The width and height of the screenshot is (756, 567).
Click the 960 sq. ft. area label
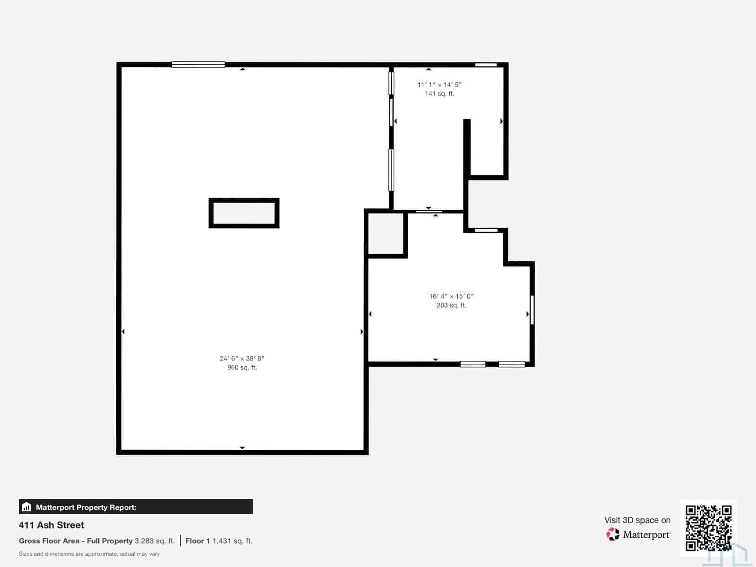tap(242, 368)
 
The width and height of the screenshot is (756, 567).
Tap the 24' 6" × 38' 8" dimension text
tap(242, 358)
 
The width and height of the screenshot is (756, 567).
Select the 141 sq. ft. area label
tap(439, 94)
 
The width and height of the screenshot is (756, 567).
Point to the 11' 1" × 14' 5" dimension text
tap(439, 85)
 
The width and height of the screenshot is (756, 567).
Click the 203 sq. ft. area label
tap(451, 305)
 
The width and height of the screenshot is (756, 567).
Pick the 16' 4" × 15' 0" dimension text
tap(451, 296)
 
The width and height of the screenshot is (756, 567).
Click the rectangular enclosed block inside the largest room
tap(244, 200)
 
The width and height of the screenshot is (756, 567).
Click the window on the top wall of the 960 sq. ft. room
tap(198, 64)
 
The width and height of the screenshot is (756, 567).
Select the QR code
tap(708, 528)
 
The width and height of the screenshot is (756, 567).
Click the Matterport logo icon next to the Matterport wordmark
tap(613, 534)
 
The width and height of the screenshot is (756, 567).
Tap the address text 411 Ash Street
tap(52, 525)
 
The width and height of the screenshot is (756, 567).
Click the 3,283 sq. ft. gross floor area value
tap(155, 541)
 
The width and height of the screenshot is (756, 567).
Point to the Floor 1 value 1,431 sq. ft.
tap(232, 541)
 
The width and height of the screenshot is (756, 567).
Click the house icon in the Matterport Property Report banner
tap(26, 507)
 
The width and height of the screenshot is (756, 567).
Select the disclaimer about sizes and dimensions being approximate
tap(89, 554)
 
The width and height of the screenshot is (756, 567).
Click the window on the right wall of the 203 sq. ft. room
tap(532, 310)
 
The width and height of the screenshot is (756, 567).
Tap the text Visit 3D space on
tap(637, 520)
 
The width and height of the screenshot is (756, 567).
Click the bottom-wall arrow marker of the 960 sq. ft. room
tap(242, 448)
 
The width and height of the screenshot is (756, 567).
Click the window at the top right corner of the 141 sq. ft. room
tap(486, 65)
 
